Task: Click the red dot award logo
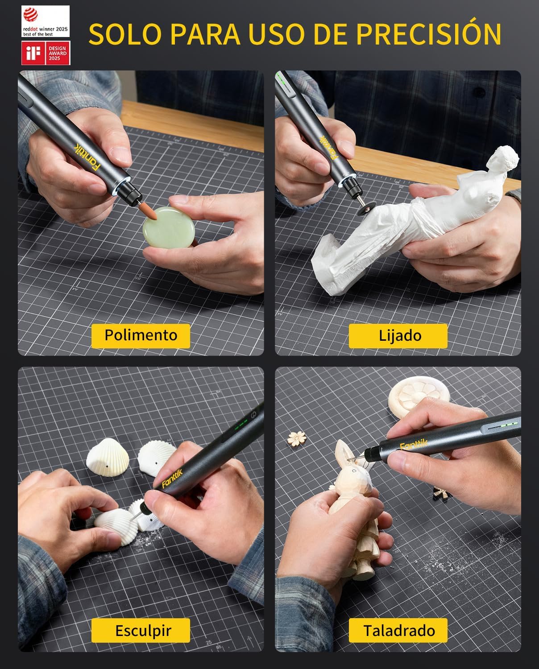coord(46,21)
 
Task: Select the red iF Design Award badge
coord(46,53)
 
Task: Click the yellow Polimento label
coord(141,335)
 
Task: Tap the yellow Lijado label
coord(398,335)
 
